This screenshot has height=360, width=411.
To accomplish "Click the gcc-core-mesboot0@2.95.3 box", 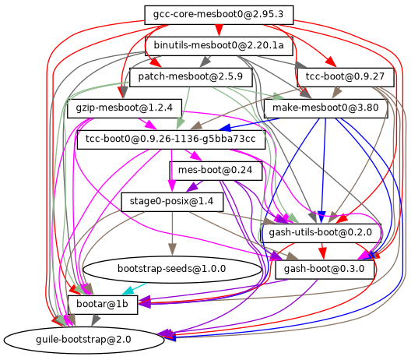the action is point(219,15).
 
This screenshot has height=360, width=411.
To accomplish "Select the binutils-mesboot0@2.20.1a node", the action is point(219,46).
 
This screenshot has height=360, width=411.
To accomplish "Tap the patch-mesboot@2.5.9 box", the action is point(191,77).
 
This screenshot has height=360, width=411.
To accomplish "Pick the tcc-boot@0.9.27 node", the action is point(346,77).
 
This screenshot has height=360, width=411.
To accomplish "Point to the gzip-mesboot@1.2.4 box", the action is point(125,108).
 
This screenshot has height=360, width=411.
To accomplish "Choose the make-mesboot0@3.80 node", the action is point(326,108).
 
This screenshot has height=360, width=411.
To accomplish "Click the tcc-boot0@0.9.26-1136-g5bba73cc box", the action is point(171,139).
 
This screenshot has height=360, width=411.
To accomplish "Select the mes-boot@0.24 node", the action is point(216,171).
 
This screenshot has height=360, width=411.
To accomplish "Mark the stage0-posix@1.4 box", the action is point(172,202).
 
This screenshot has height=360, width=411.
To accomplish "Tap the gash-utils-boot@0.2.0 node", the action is point(321,233).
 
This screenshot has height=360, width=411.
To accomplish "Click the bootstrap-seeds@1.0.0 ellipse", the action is point(172,269).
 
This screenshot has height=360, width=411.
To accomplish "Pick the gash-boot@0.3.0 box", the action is point(325,270).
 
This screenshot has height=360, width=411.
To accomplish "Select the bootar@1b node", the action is point(103,305).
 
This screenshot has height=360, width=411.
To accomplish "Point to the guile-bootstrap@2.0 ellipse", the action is point(84,341).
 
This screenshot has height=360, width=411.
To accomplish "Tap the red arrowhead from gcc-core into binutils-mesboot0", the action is point(219,30).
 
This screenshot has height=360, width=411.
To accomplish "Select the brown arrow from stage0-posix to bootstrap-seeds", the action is point(172,233).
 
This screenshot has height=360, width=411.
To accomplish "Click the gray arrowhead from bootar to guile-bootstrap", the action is point(96,320).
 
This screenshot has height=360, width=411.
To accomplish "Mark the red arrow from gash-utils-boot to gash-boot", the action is point(323,251).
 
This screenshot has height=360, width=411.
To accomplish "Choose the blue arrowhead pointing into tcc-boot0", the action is point(225,128).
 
